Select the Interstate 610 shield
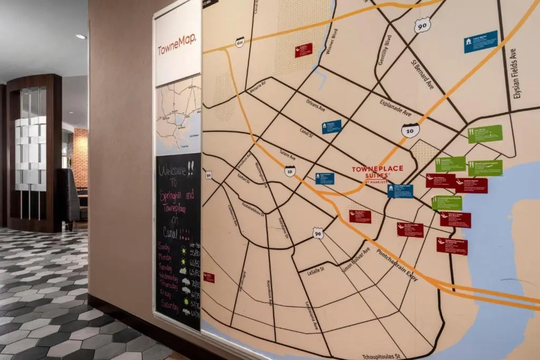pyautogui.click(x=239, y=42)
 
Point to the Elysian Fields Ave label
pyautogui.click(x=517, y=74)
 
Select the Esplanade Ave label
pyautogui.click(x=395, y=108)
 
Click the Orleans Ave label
pyautogui.click(x=315, y=105)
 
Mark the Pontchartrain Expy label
pyautogui.click(x=397, y=265)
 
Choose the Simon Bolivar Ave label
pyautogui.click(x=356, y=261)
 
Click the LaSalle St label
pyautogui.click(x=316, y=271)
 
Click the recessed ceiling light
pyautogui.click(x=81, y=37)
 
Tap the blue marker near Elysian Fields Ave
pyautogui.click(x=481, y=41)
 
